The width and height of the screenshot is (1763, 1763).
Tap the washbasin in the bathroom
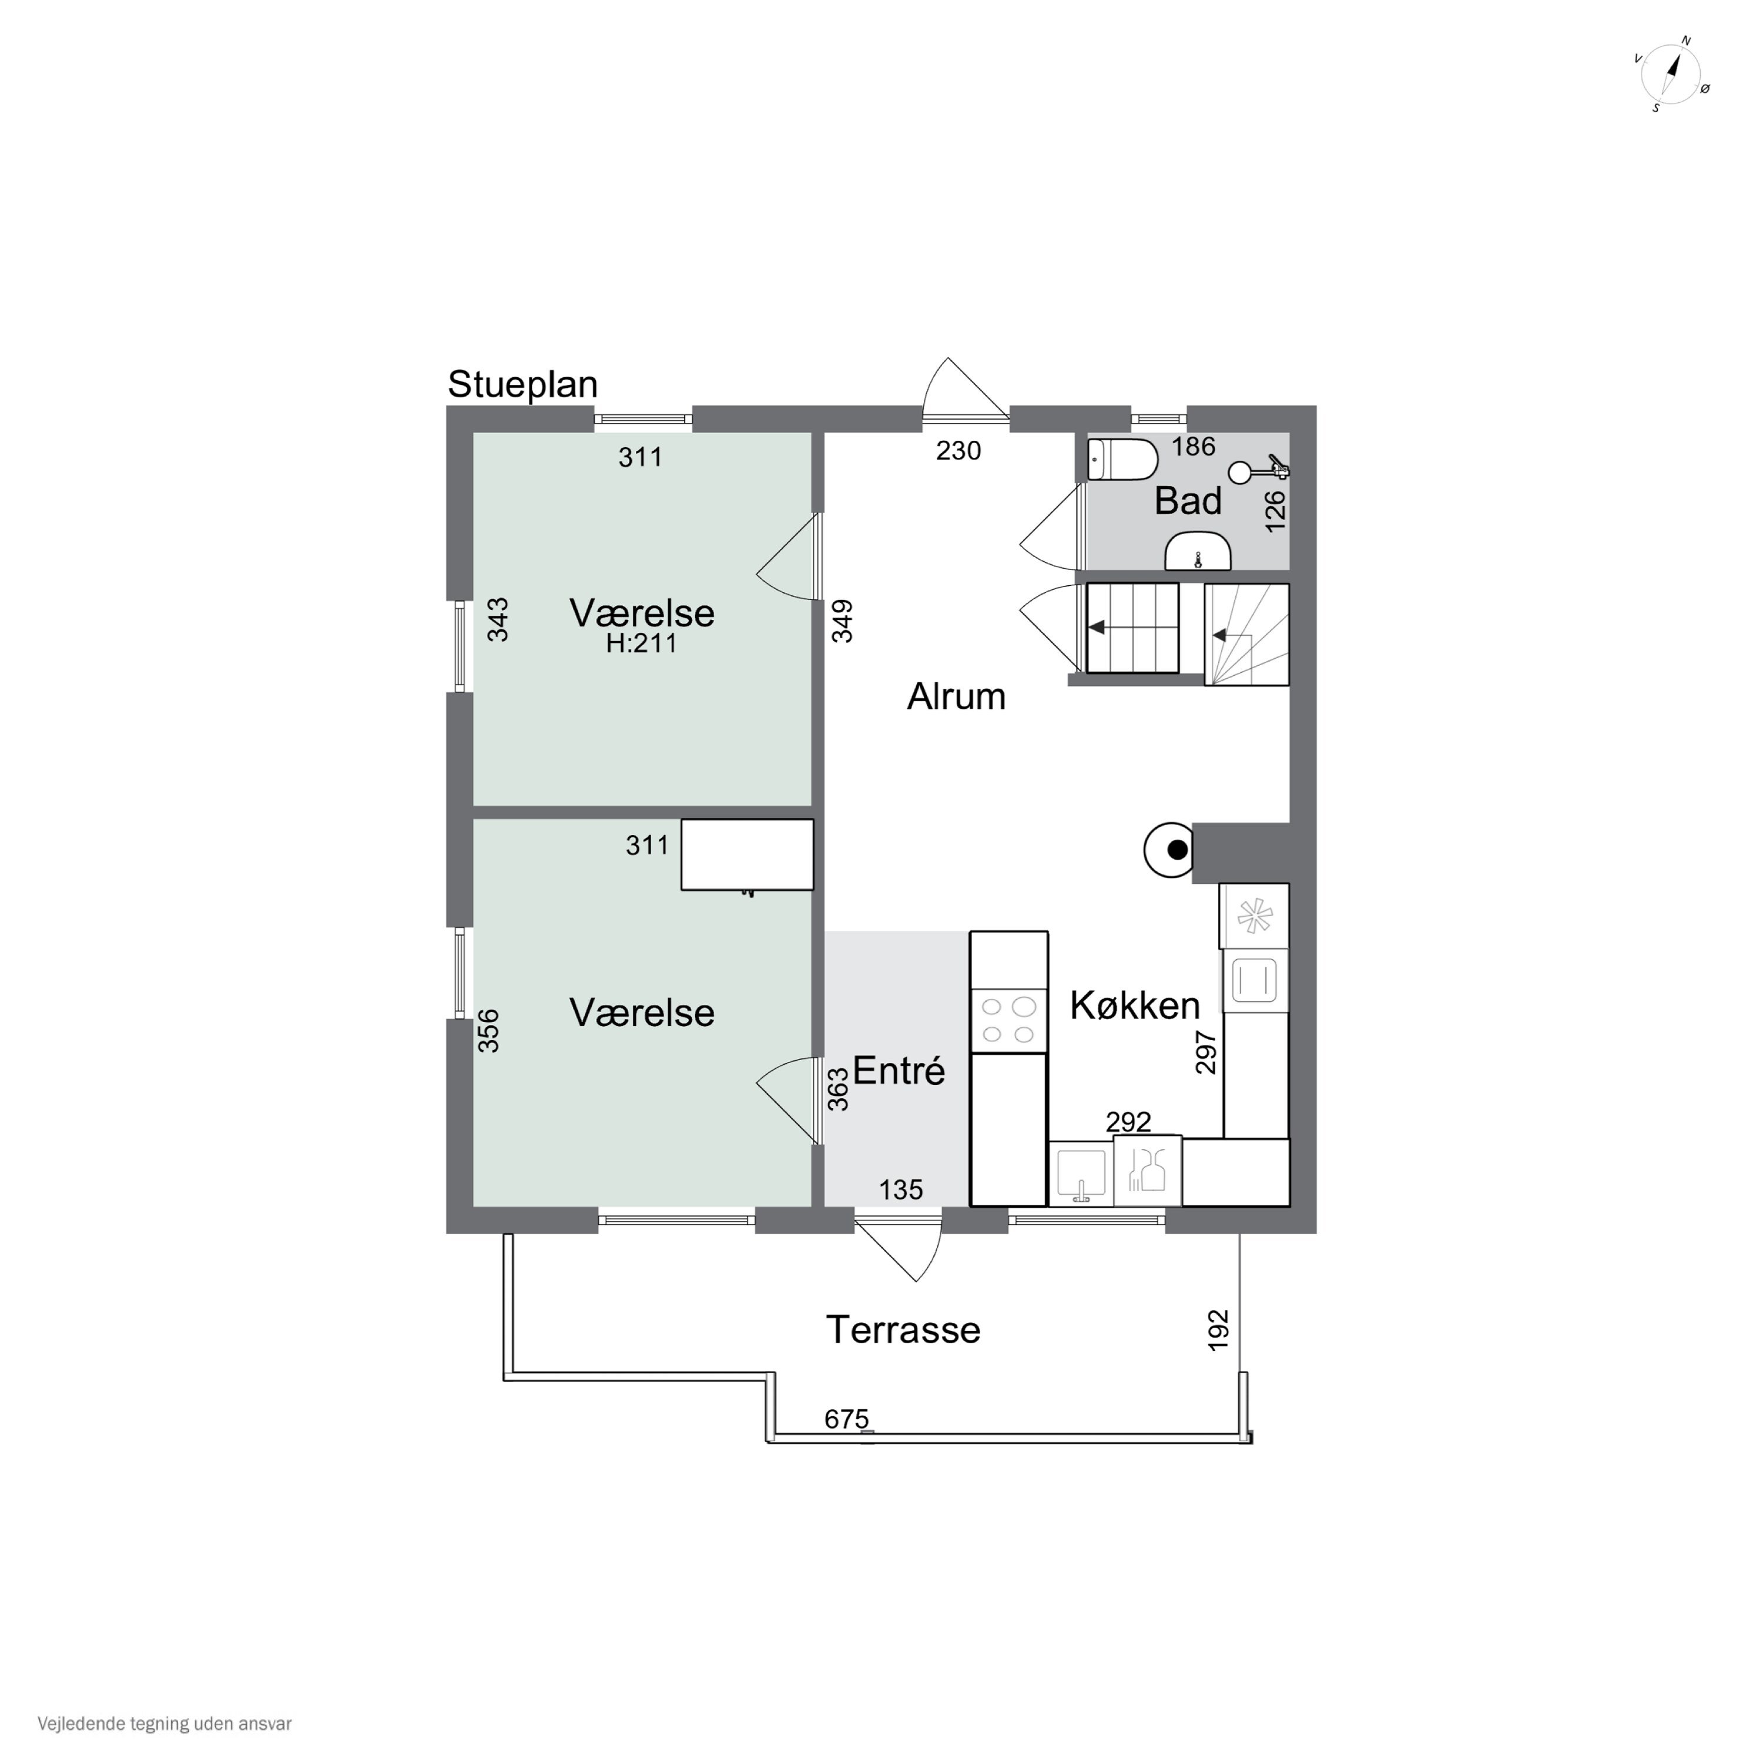[1198, 552]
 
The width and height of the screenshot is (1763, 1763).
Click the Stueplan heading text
[523, 385]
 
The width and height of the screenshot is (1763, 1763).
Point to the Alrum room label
[956, 696]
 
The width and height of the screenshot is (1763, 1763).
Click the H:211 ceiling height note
[642, 644]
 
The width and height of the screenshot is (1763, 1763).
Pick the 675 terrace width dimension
[847, 1419]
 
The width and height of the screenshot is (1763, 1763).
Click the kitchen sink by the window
[1081, 1172]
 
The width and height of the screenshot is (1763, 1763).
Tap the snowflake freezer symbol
[1254, 915]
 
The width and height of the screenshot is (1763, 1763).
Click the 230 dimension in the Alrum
[958, 451]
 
